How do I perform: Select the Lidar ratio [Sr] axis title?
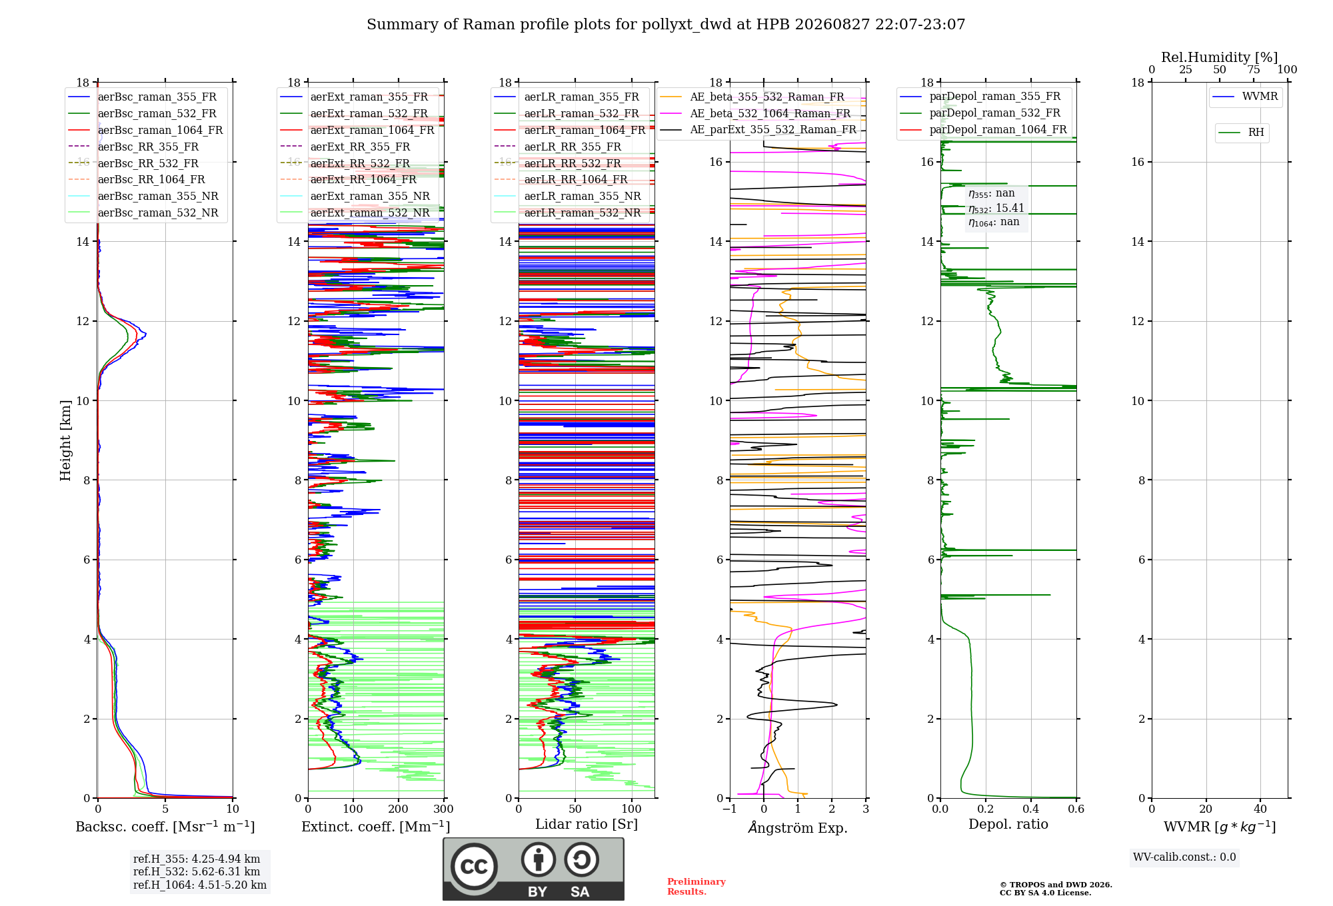(x=587, y=824)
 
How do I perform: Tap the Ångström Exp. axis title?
(x=798, y=827)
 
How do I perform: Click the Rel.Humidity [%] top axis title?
(x=1220, y=57)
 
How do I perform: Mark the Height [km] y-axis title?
(x=65, y=440)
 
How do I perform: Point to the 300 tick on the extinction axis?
(x=443, y=809)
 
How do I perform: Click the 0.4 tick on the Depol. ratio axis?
(x=1031, y=809)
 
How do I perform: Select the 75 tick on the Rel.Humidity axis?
(x=1253, y=69)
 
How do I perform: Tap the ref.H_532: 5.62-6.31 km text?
(x=197, y=871)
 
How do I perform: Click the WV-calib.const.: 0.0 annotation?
(x=1184, y=857)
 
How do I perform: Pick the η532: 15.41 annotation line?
(x=996, y=208)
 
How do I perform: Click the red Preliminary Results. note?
(x=696, y=887)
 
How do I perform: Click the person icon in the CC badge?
(x=539, y=859)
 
